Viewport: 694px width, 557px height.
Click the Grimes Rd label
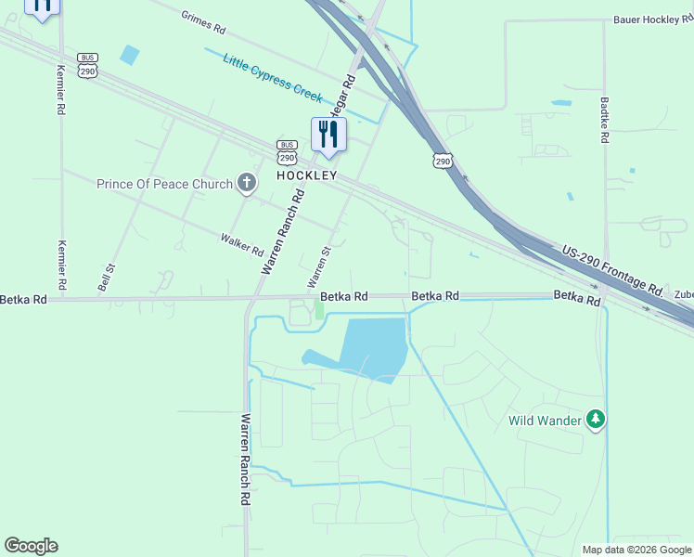point(204,22)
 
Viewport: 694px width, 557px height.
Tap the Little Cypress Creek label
point(272,77)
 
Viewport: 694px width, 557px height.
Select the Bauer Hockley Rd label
point(652,19)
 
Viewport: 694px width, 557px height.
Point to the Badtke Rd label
point(604,121)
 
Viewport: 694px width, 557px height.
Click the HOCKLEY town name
point(306,175)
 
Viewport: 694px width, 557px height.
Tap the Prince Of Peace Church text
point(164,184)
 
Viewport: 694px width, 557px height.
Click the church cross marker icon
point(247,183)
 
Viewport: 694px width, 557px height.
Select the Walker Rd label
point(242,245)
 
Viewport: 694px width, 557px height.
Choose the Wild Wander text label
point(545,421)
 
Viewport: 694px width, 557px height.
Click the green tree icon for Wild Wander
point(596,420)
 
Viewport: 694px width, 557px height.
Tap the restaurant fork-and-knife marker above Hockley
point(328,135)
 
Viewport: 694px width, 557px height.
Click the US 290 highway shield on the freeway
point(443,161)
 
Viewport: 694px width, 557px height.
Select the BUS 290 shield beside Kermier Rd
point(88,65)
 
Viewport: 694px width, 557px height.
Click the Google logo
point(31,546)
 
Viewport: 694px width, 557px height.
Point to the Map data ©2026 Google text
point(636,550)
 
